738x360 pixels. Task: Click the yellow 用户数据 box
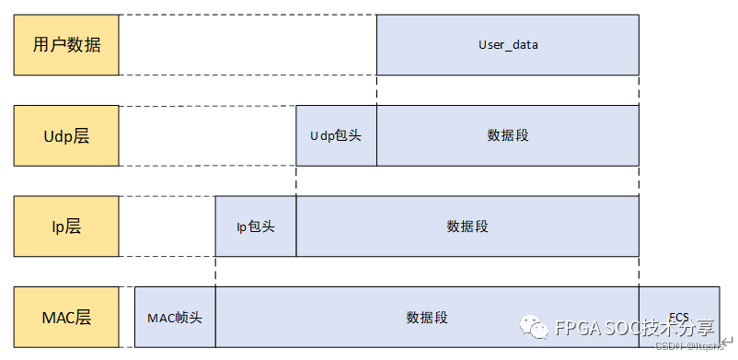point(66,44)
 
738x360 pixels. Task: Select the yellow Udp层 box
point(66,135)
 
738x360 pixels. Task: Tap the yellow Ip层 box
point(66,226)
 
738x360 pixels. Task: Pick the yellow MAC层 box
point(66,317)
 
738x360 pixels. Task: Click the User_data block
point(507,44)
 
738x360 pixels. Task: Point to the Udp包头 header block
point(336,135)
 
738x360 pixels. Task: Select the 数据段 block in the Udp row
point(507,135)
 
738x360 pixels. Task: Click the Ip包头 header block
point(256,226)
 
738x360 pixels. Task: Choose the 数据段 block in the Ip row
point(467,226)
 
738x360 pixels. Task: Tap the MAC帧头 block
point(175,317)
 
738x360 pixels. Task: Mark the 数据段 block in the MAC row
point(427,317)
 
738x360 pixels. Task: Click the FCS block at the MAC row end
point(679,306)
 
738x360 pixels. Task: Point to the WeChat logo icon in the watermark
point(533,327)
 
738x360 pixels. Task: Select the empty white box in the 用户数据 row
point(248,44)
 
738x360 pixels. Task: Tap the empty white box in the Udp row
point(207,135)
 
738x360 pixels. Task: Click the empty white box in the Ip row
point(167,226)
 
